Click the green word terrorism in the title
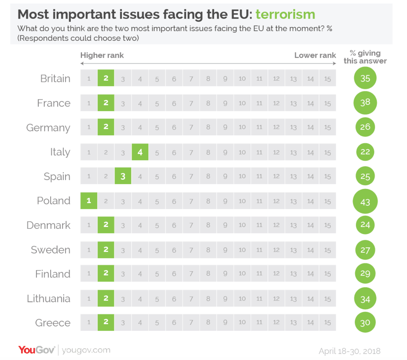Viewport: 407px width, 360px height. click(285, 14)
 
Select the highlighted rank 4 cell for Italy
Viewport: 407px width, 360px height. click(140, 152)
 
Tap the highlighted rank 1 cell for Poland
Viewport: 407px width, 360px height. click(89, 201)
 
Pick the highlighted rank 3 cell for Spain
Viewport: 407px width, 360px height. click(123, 176)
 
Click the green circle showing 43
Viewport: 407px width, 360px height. click(365, 202)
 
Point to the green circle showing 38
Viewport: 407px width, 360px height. click(365, 103)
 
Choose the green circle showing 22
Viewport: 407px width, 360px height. click(365, 152)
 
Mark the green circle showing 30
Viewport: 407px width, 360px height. click(365, 322)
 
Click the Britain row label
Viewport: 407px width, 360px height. click(55, 78)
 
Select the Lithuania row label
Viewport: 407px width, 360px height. click(49, 299)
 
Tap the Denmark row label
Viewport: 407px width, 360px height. click(48, 225)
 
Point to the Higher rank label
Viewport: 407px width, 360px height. click(102, 55)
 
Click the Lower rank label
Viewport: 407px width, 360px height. click(315, 55)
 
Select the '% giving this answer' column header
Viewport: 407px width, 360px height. click(365, 57)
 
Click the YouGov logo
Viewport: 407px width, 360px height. click(36, 350)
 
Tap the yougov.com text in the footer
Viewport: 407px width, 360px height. click(86, 350)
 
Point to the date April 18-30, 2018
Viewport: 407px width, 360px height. click(349, 351)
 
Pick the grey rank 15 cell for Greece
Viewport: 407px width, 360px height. click(328, 322)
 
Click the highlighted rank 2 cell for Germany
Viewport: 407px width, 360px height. click(106, 127)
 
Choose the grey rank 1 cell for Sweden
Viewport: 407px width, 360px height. click(89, 250)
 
